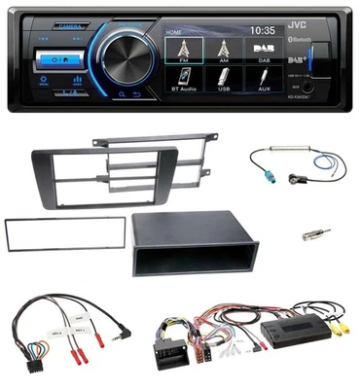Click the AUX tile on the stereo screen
[267, 91]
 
